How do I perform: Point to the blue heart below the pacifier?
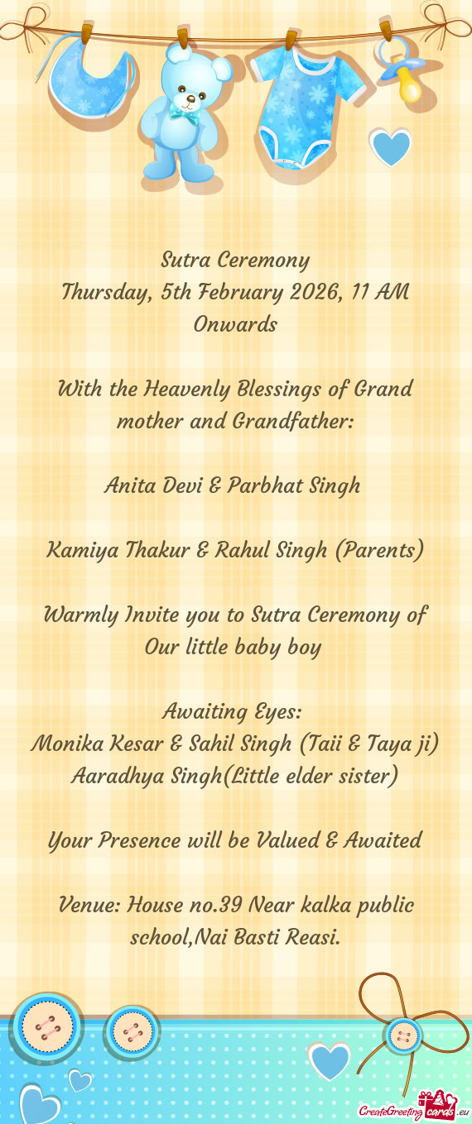390,148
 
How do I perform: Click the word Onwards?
235,324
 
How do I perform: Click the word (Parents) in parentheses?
380,549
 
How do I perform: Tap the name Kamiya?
84,549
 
